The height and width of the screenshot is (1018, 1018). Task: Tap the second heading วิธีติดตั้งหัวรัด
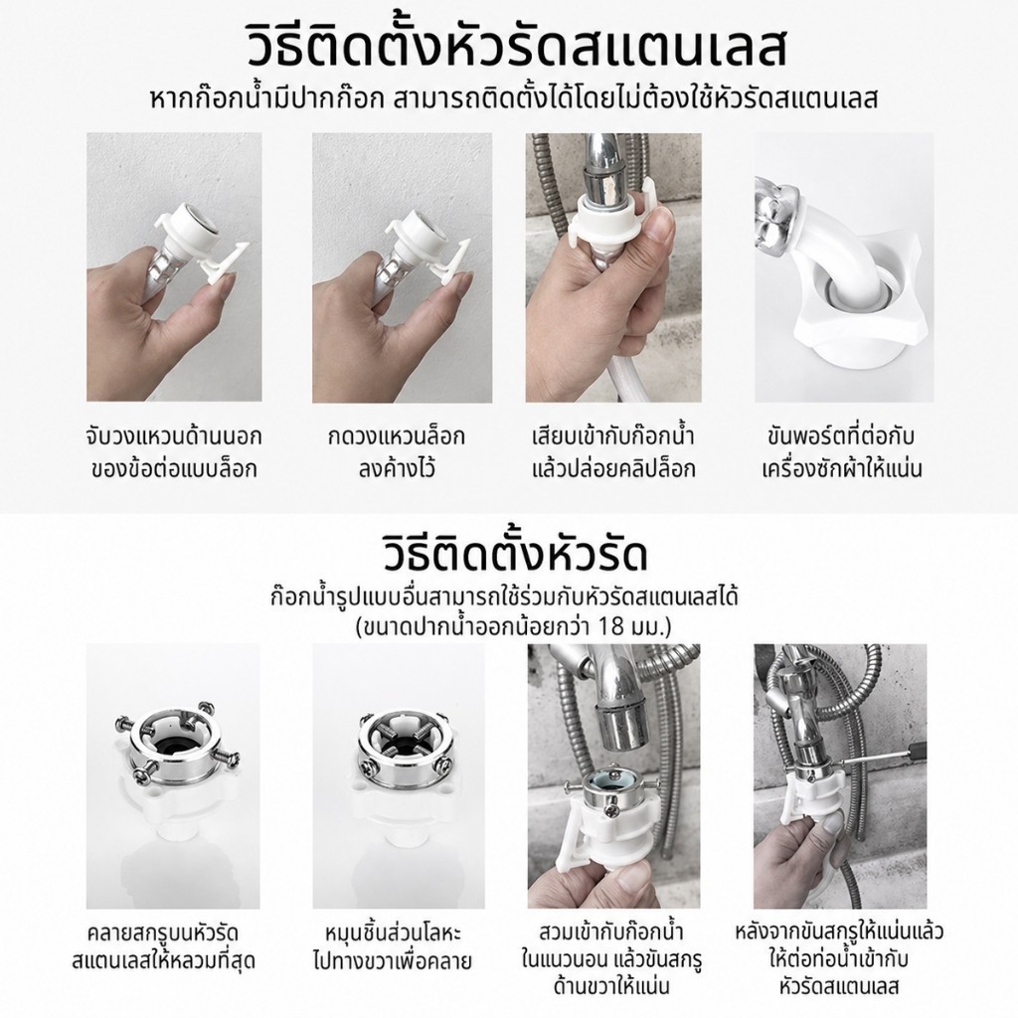click(516, 553)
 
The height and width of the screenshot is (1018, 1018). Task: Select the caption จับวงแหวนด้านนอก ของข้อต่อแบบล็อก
click(174, 451)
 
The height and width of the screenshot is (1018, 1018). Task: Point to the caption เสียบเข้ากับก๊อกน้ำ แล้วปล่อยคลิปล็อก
click(613, 451)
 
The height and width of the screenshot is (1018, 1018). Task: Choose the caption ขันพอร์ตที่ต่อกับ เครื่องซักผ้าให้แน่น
click(841, 451)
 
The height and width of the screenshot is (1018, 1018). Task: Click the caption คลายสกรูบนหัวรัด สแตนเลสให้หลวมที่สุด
click(164, 947)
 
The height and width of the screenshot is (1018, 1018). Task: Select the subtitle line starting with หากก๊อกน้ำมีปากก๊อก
click(514, 99)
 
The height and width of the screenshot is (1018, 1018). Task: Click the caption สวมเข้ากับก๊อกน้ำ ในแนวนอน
click(612, 945)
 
